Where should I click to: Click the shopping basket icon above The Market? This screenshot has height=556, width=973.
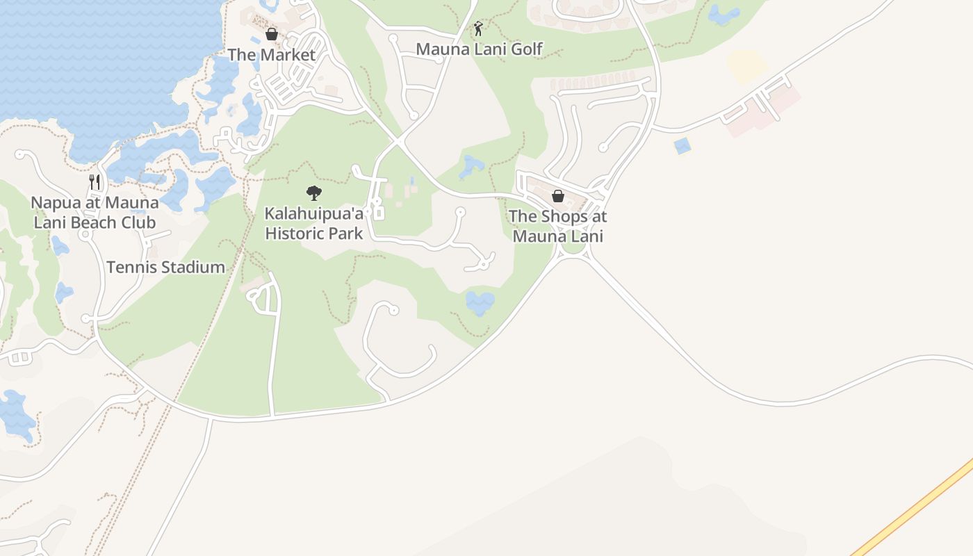(272, 34)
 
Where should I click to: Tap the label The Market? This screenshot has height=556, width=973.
(272, 54)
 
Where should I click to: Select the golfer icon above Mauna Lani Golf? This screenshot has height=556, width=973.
(478, 29)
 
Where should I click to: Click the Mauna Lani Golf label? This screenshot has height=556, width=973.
(479, 49)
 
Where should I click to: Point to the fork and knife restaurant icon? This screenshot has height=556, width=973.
(95, 182)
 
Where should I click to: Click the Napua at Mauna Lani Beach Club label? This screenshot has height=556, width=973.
(95, 213)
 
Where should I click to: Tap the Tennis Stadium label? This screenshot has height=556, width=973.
(165, 267)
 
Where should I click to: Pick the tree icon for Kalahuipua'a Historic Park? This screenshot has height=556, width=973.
(314, 193)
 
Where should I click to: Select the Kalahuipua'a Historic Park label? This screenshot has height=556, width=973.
(314, 223)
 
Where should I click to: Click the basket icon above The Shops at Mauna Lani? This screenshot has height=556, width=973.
(557, 196)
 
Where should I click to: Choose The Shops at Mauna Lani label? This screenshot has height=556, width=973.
(557, 226)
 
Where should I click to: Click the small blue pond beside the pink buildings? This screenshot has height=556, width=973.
(682, 146)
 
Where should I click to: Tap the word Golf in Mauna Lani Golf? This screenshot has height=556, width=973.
(527, 49)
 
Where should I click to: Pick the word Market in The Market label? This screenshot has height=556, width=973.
(287, 54)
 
